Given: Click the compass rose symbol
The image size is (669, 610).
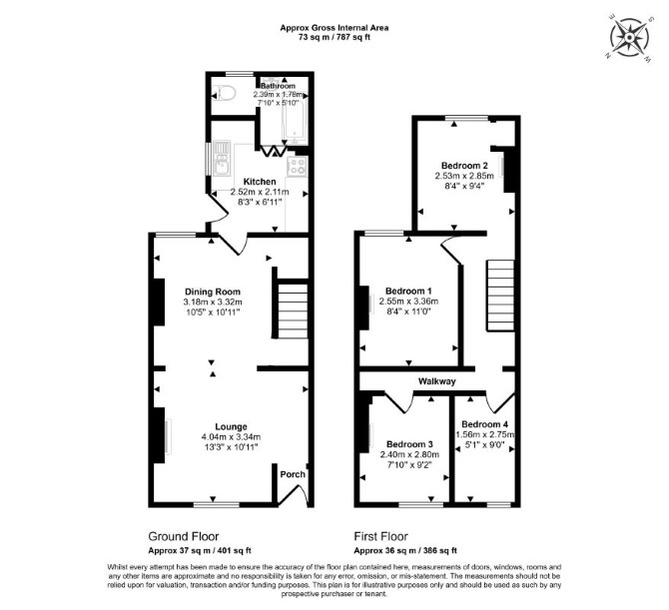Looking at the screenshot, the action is [629, 38].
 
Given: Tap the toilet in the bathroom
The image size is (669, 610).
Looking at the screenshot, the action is [224, 93].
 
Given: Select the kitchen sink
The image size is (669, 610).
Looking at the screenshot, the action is [221, 159].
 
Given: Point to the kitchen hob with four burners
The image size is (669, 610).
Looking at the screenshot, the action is [297, 167].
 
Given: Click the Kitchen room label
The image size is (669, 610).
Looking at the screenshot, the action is [260, 182].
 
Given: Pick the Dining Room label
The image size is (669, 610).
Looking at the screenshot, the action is [213, 292].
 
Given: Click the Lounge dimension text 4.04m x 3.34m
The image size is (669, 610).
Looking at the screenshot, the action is [231, 437].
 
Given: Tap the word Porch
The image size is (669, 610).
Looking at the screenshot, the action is [293, 474].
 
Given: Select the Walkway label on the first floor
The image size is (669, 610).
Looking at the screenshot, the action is [437, 381].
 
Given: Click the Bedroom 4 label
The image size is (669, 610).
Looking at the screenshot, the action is [484, 424].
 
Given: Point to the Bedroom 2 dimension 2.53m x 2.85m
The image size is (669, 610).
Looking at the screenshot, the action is [464, 176].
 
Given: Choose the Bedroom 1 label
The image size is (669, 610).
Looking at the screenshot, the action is [408, 291].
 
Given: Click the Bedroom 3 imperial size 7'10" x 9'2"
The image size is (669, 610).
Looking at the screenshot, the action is [409, 464].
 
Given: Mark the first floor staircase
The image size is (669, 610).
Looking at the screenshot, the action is [501, 296].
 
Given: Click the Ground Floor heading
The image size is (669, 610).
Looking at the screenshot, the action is [184, 536].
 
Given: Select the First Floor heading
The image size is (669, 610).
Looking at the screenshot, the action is [381, 536].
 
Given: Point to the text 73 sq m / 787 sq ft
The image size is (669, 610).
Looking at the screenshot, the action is [334, 37].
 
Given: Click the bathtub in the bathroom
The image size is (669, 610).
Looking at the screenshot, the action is [295, 115].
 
